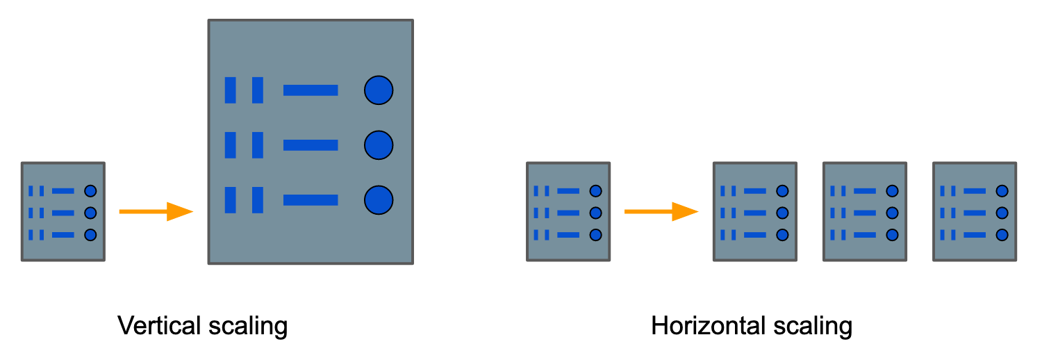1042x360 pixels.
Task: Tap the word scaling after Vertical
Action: click(248, 327)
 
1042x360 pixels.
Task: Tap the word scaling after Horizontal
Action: click(813, 327)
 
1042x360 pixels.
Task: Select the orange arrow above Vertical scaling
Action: click(156, 212)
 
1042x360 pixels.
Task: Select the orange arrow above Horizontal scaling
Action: click(661, 212)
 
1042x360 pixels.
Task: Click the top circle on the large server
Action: click(379, 90)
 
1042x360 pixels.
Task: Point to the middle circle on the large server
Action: click(379, 145)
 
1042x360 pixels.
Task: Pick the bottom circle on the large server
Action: click(379, 200)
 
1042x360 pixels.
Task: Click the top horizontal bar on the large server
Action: click(311, 90)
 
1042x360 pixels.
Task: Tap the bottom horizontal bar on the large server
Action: click(311, 200)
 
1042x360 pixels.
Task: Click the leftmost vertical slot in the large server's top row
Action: click(230, 90)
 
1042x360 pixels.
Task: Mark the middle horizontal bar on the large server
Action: click(311, 145)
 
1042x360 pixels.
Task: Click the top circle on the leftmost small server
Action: click(90, 190)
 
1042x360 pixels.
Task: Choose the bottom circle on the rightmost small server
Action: click(1002, 235)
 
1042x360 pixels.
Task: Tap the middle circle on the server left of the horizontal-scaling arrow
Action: click(595, 213)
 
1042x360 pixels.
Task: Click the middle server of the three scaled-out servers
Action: click(865, 212)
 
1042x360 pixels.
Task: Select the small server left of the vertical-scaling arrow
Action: click(63, 212)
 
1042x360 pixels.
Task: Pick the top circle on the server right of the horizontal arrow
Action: click(782, 190)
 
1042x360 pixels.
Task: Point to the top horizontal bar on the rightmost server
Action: click(975, 190)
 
